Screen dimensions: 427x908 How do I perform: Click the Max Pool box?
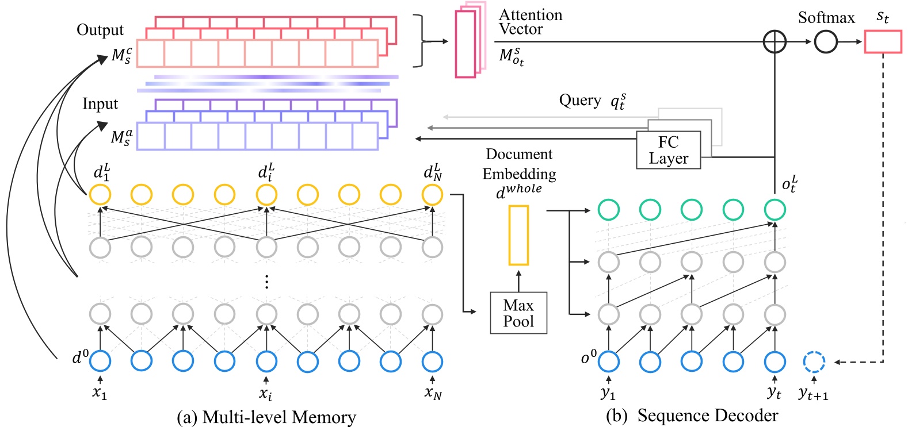tap(518, 313)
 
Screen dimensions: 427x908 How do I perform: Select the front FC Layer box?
tap(668, 150)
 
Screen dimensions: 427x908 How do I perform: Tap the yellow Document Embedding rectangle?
tap(518, 235)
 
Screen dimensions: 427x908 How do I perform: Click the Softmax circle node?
tap(826, 42)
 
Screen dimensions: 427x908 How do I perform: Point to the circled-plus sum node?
tap(775, 42)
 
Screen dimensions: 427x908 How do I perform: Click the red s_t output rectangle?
tap(883, 42)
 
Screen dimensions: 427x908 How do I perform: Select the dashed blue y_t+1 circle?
tap(814, 361)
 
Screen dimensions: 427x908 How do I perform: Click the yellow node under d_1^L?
tap(100, 194)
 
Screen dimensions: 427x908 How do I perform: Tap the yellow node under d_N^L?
tap(432, 194)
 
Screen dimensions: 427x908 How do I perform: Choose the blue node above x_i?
tap(266, 361)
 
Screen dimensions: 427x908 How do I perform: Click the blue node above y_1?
tap(608, 361)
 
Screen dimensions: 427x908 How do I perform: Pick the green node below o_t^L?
tap(775, 210)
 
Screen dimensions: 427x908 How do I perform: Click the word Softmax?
tap(826, 18)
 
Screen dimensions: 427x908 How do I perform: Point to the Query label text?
tap(580, 101)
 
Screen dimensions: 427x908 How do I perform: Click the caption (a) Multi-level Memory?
tap(266, 417)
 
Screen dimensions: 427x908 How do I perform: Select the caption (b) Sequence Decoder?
tap(692, 416)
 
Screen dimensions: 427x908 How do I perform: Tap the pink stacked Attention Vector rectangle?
tap(465, 44)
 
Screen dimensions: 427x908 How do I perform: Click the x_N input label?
tap(433, 393)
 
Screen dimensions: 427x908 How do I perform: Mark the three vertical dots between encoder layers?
tap(266, 282)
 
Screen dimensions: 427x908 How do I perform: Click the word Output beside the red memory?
tap(100, 30)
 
